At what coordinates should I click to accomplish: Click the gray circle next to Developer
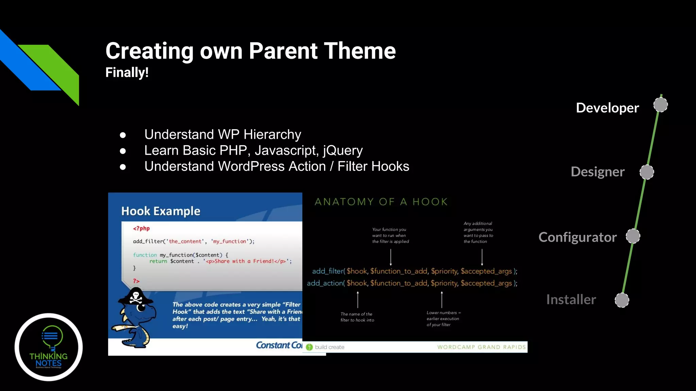661,105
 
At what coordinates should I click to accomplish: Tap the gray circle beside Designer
647,172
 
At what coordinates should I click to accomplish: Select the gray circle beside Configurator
633,236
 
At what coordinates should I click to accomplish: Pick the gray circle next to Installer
622,300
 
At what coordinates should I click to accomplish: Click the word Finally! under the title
127,72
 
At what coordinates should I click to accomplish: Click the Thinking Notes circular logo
49,347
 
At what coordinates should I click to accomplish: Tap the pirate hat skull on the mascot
136,297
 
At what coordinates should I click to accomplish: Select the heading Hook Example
161,211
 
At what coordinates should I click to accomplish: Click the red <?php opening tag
141,228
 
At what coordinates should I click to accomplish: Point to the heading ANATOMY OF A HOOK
381,202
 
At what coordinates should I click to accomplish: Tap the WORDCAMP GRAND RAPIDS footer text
481,347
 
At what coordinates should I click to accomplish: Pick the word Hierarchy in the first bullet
272,134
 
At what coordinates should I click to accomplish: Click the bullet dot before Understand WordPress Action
123,167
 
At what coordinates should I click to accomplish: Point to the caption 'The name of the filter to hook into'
357,317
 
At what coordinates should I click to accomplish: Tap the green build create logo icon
309,347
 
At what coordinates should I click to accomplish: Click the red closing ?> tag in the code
136,281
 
